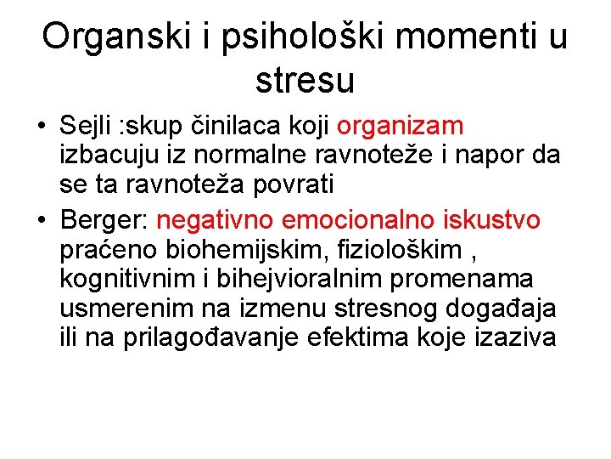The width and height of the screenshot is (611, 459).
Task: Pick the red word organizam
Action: (x=401, y=127)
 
